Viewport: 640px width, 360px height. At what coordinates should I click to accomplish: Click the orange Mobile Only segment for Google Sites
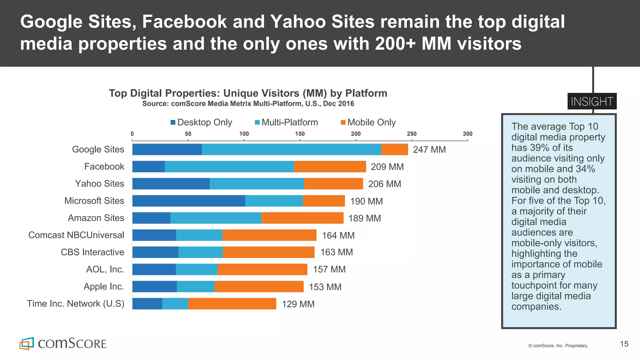click(x=394, y=149)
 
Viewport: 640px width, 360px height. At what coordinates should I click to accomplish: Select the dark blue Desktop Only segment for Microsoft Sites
click(x=188, y=201)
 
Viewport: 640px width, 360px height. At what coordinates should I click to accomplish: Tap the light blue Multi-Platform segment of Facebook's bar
click(x=229, y=167)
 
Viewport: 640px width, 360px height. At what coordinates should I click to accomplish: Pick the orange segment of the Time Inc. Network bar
click(x=232, y=304)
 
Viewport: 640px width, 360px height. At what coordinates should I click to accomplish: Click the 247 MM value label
click(x=429, y=150)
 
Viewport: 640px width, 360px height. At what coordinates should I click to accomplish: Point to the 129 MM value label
click(x=298, y=304)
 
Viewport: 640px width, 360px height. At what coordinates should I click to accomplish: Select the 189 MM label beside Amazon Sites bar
click(x=364, y=218)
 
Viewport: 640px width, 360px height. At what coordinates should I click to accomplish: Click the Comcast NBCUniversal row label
click(x=76, y=235)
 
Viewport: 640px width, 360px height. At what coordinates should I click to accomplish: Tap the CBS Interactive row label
click(x=92, y=252)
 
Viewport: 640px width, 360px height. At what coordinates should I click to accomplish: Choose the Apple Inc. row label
click(x=104, y=287)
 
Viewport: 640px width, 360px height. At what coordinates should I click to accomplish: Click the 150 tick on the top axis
click(x=300, y=134)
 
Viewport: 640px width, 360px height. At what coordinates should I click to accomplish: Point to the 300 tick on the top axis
click(x=467, y=134)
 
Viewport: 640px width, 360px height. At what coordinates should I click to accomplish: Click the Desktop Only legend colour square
click(x=173, y=122)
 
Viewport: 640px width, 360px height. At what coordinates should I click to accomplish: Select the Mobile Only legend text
click(x=371, y=122)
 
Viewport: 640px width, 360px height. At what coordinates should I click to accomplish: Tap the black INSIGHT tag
click(x=592, y=102)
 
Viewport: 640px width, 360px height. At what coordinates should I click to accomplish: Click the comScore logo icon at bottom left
click(x=27, y=343)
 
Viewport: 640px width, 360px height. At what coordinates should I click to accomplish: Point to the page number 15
click(x=624, y=344)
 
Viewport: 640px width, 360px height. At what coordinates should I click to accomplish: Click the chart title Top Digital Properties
click(x=248, y=93)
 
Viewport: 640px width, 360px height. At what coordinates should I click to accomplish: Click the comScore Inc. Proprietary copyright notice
click(x=558, y=346)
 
